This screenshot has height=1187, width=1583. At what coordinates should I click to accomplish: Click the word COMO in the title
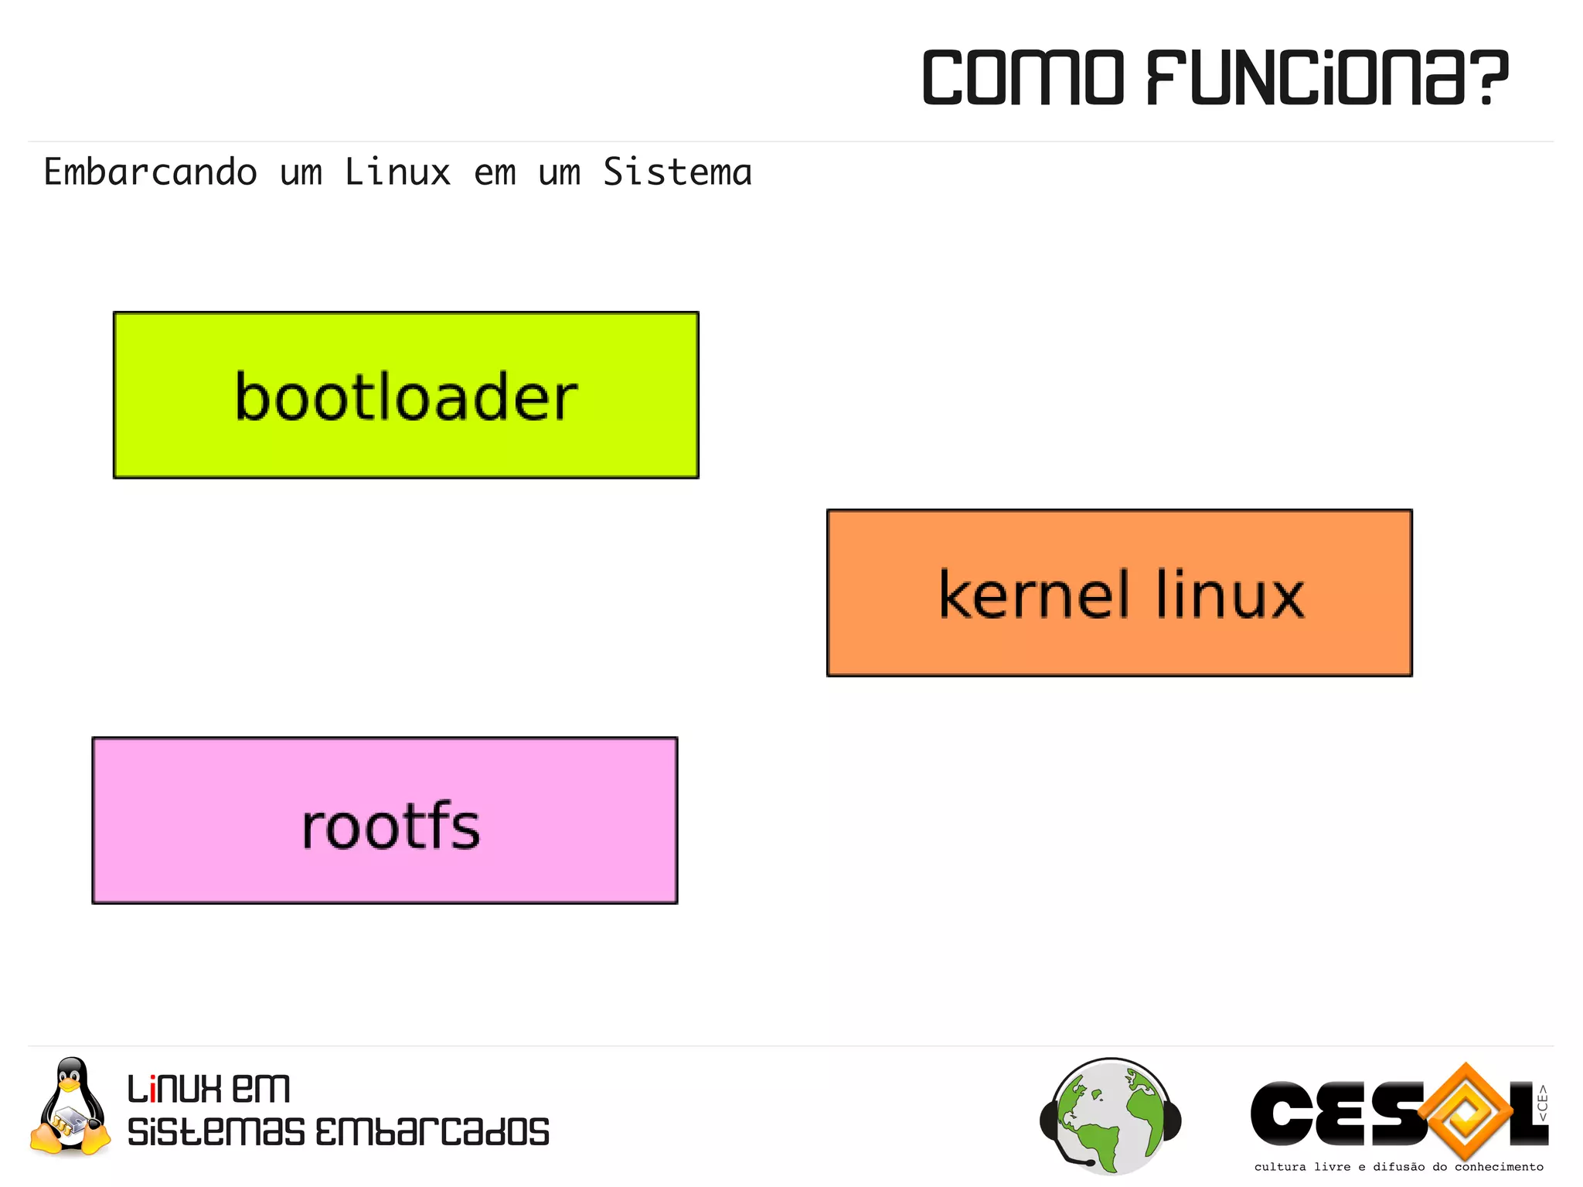pos(1023,77)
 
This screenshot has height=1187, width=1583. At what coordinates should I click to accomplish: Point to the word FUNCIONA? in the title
pos(1326,77)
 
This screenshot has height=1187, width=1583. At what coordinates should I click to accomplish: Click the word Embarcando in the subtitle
pos(150,172)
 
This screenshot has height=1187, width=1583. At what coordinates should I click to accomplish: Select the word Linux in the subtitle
pos(397,172)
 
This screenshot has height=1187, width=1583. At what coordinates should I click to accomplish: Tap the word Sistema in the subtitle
pos(677,172)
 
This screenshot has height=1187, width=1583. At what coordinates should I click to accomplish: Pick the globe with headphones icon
pos(1111,1116)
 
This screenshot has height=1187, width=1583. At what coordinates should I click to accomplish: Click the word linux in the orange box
pos(1230,595)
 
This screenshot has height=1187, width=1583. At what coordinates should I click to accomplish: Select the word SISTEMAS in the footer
pos(216,1132)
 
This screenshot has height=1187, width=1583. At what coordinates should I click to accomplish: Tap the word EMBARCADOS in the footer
pos(432,1132)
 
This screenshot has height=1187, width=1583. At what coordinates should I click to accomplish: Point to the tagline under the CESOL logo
pos(1398,1167)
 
